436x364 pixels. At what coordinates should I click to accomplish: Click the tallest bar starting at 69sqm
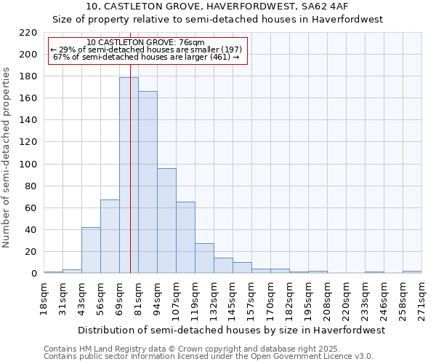click(129, 175)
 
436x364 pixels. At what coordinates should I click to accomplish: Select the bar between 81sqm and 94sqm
click(148, 182)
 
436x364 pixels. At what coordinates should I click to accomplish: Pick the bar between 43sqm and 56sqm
click(91, 250)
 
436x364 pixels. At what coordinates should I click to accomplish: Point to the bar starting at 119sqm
click(204, 258)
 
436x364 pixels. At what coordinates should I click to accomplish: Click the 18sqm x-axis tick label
click(44, 298)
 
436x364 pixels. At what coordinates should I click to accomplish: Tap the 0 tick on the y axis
click(33, 274)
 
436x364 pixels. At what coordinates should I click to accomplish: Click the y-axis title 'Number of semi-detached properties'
click(7, 157)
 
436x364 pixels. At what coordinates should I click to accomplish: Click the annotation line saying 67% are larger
click(146, 57)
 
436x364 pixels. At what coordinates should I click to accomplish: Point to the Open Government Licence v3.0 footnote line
click(209, 357)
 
